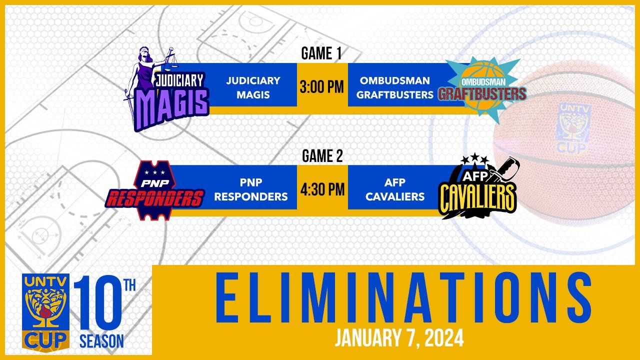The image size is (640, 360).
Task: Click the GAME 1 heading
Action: tap(321, 53)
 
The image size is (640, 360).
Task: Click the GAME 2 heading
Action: tap(322, 156)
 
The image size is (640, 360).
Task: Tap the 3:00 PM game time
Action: tap(321, 87)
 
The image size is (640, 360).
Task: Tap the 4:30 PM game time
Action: tap(322, 189)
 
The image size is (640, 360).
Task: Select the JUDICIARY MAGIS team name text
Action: tap(253, 87)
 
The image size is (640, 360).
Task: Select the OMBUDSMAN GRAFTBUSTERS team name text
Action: tap(395, 87)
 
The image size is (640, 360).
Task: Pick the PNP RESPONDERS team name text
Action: tap(251, 189)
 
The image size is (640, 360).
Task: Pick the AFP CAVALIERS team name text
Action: tap(395, 189)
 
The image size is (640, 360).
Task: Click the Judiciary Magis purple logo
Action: tap(167, 89)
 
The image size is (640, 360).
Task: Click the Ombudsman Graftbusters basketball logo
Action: tap(482, 89)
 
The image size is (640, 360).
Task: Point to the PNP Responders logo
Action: tap(155, 190)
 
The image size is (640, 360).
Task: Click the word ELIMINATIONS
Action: tap(403, 297)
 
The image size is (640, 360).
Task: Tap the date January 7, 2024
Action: tap(399, 338)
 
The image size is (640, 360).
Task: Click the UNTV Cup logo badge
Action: tap(45, 313)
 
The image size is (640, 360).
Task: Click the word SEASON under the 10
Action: tap(101, 341)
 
